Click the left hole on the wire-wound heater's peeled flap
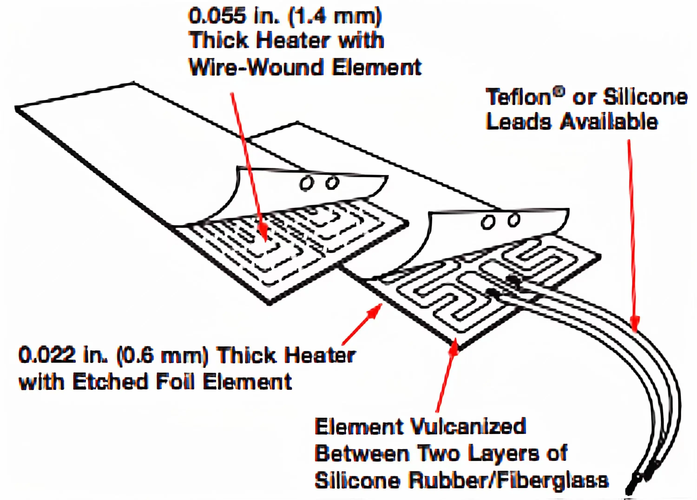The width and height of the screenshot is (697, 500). [306, 184]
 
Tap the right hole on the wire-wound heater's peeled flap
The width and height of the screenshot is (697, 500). [332, 183]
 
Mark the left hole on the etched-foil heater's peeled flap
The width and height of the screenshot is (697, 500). [488, 222]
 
